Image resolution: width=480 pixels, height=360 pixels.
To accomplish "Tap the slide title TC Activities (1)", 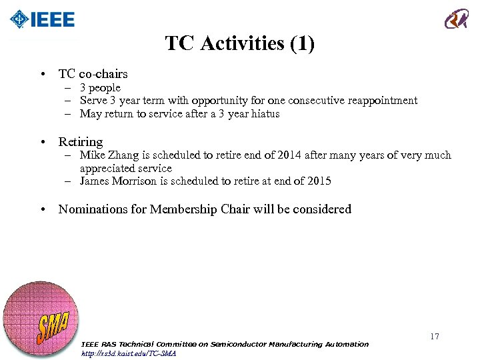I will [239, 44].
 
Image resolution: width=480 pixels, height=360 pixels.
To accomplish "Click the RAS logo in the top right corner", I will [457, 19].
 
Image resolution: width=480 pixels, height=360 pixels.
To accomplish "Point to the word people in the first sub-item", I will [105, 88].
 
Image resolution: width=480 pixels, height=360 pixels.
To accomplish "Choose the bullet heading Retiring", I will [81, 142].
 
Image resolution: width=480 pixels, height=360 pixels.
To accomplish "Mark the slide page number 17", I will [434, 337].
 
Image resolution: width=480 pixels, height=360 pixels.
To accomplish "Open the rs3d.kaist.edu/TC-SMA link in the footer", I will [128, 353].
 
